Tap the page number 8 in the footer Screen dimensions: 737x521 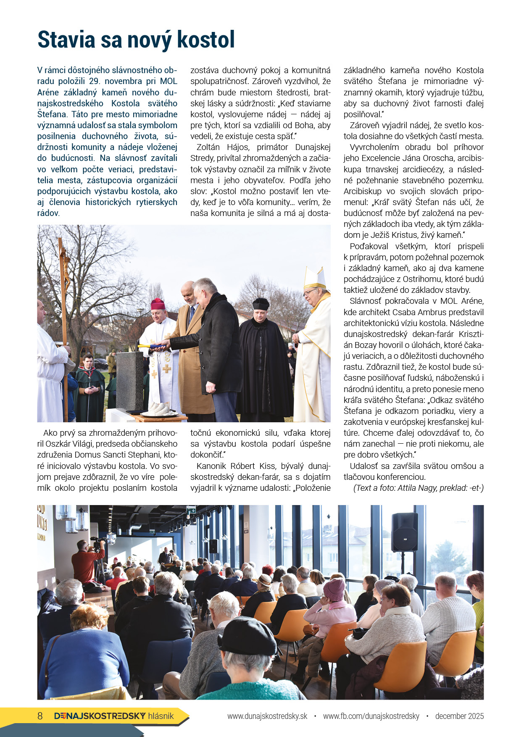(40, 716)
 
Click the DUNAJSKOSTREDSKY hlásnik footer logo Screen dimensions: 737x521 (114, 716)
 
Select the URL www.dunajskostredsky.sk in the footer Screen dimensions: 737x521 (267, 716)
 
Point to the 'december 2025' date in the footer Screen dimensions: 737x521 (459, 716)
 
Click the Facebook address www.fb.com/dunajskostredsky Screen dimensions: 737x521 (371, 716)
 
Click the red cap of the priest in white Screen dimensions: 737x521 (158, 304)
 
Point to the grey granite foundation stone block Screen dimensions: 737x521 (129, 380)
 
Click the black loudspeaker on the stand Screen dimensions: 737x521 (404, 532)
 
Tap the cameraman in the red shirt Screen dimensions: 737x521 (87, 563)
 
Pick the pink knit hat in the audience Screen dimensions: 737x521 (334, 589)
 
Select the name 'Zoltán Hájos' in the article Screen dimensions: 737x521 (222, 147)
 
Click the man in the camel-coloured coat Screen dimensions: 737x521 (191, 357)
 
